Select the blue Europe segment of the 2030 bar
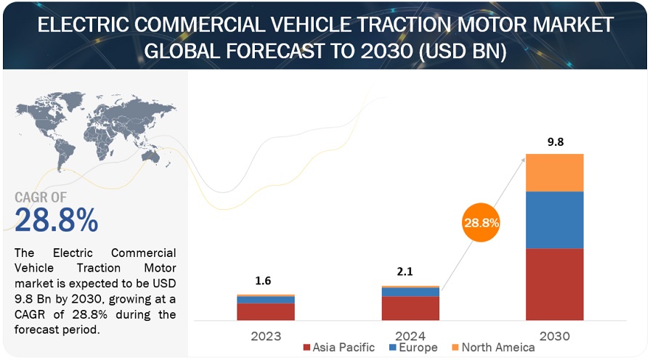555,220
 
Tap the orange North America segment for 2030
555,173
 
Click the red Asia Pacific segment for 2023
266,311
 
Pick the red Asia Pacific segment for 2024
410,308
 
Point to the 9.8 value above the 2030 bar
556,142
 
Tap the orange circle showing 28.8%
481,223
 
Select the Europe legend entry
413,348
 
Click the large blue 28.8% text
56,220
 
